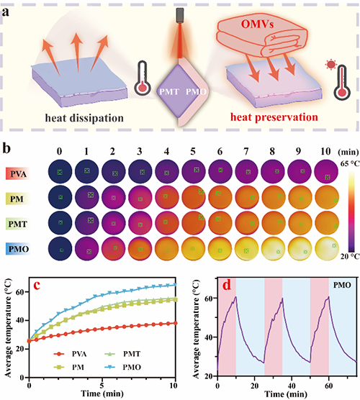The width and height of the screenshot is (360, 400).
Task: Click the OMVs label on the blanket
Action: point(257,24)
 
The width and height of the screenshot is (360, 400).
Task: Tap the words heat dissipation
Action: point(84,118)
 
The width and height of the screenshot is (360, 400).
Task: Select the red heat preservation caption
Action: point(274,117)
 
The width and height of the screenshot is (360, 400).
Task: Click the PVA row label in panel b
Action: point(18,174)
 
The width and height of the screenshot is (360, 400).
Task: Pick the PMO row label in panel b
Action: point(19,249)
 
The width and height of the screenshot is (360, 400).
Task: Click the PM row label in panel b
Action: point(17,199)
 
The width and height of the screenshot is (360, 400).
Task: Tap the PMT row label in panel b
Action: point(17,224)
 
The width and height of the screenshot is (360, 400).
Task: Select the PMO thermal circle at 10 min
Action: point(327,249)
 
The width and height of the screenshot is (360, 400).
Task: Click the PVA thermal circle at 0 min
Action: point(60,172)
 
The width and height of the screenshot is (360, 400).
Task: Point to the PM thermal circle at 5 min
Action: point(194,197)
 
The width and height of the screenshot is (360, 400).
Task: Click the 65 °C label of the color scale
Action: point(350,163)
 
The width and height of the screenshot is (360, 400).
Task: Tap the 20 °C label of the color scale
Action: point(350,256)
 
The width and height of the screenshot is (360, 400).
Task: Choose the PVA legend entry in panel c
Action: point(71,354)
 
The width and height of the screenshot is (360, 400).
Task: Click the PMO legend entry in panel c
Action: point(123,367)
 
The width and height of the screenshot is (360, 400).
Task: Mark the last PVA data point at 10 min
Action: point(175,323)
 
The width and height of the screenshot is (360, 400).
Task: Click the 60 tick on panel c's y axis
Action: point(20,292)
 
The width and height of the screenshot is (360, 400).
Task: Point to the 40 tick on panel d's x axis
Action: point(292,386)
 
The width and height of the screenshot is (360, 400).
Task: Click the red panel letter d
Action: point(227,285)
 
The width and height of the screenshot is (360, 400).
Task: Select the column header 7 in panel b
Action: point(246,152)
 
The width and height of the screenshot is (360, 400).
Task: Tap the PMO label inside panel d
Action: point(342,285)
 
